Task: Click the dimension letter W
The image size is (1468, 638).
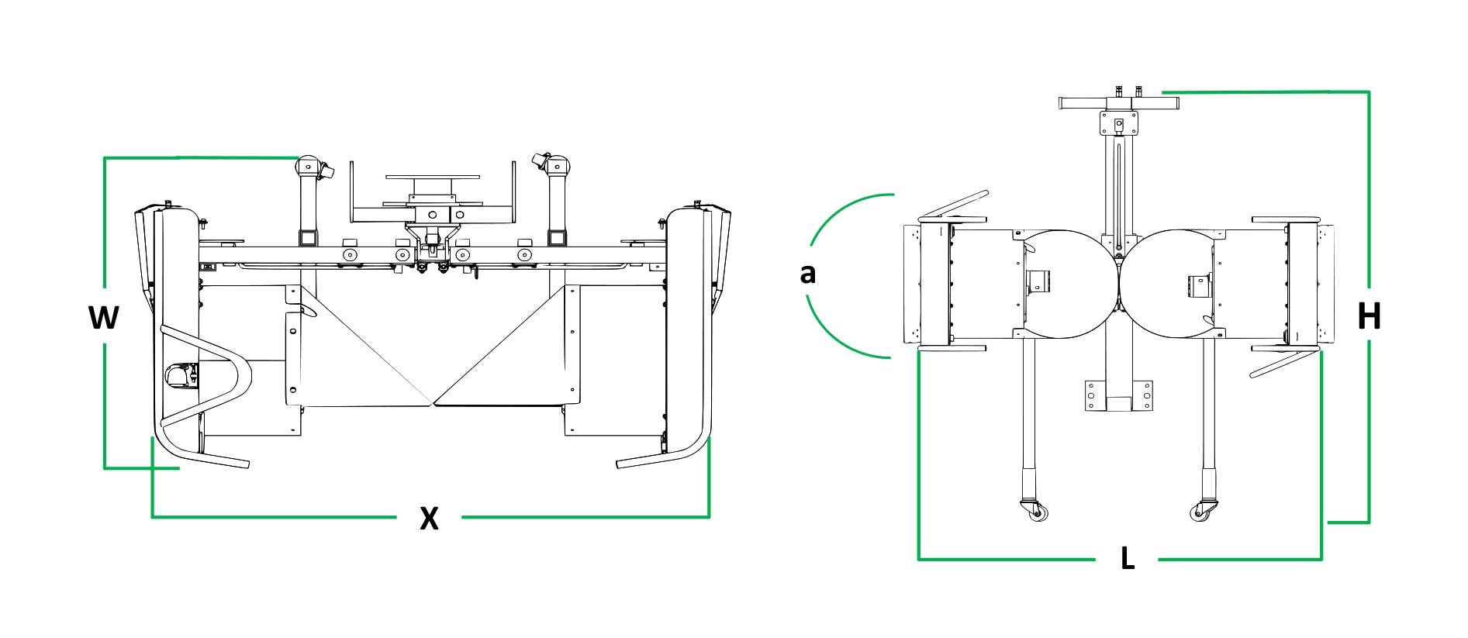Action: click(x=103, y=317)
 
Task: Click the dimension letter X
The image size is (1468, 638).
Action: click(x=429, y=518)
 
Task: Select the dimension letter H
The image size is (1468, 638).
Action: click(x=1369, y=316)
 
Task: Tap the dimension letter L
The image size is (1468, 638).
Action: click(x=1128, y=558)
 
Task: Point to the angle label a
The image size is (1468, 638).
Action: click(x=808, y=274)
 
